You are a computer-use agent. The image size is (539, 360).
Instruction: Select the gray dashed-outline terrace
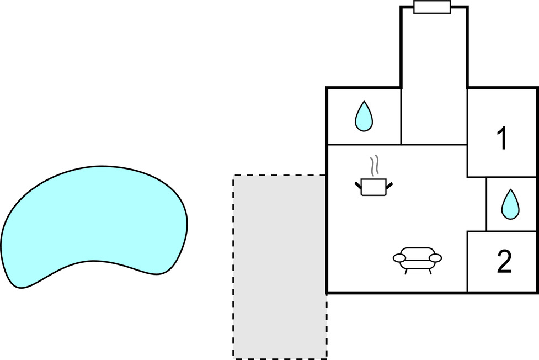pyautogui.click(x=280, y=267)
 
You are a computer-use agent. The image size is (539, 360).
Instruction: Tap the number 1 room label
pyautogui.click(x=502, y=138)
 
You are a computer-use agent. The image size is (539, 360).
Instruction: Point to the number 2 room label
pyautogui.click(x=504, y=262)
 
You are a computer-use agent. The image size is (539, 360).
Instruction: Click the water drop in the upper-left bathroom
pyautogui.click(x=364, y=117)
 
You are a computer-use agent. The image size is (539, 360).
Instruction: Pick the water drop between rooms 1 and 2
pyautogui.click(x=510, y=205)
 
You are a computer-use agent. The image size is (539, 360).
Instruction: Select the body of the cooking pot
pyautogui.click(x=373, y=188)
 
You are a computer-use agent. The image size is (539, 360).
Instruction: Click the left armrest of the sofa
pyautogui.click(x=399, y=258)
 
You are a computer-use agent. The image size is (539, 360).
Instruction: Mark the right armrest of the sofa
pyautogui.click(x=435, y=258)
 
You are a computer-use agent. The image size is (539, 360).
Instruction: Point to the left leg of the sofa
pyautogui.click(x=406, y=272)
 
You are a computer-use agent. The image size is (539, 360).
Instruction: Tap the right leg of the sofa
pyautogui.click(x=430, y=272)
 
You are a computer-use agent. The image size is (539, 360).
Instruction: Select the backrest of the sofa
pyautogui.click(x=418, y=251)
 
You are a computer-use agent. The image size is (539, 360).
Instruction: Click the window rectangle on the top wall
pyautogui.click(x=432, y=7)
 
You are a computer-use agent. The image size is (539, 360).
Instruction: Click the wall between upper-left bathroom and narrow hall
pyautogui.click(x=401, y=116)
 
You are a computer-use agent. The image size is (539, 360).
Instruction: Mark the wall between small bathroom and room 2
pyautogui.click(x=502, y=231)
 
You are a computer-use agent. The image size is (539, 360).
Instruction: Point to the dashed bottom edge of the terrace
pyautogui.click(x=280, y=359)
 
